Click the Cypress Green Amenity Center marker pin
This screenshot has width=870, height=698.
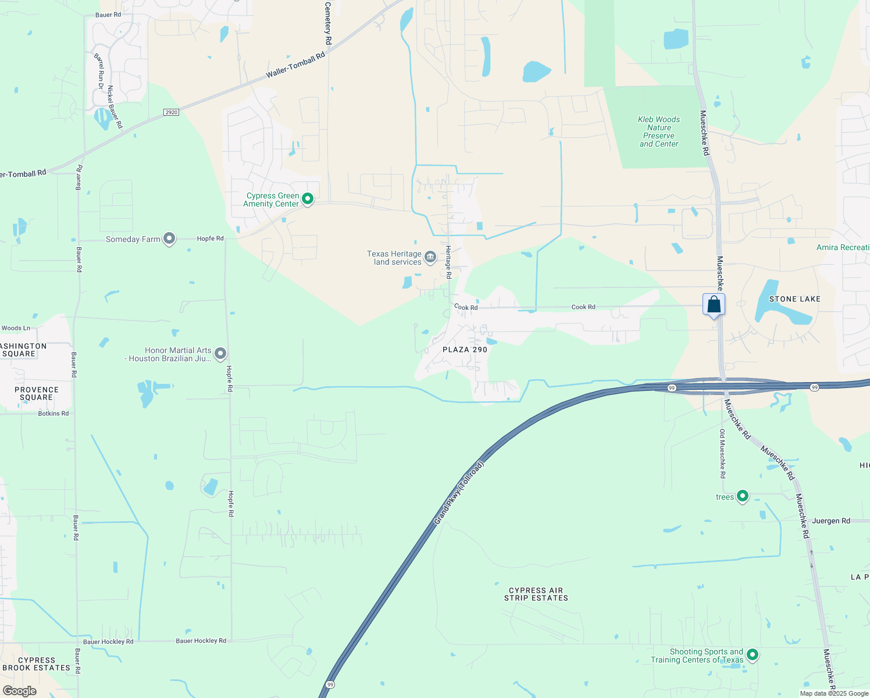coord(308,199)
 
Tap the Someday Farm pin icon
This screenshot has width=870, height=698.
coord(169,238)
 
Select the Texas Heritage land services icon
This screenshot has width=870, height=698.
coord(430,257)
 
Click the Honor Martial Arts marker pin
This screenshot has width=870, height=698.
coord(220,353)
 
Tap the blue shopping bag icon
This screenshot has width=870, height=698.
coord(714,305)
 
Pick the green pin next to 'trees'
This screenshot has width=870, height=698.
coord(742,496)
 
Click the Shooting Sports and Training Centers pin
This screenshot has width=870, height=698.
coord(753,655)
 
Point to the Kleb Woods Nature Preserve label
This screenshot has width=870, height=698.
coord(659,131)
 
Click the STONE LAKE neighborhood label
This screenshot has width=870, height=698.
coord(794,299)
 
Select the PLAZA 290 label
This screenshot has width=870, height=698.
coord(465,350)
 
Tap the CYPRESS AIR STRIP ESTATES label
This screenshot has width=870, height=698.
coord(536,594)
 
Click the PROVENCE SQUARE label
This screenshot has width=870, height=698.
coord(37,394)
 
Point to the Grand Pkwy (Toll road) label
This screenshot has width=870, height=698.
coord(459,493)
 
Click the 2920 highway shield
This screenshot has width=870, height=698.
coord(171,112)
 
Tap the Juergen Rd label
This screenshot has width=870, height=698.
coord(830,521)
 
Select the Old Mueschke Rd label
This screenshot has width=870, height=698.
coord(722,454)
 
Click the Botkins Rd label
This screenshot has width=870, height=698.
coord(53,414)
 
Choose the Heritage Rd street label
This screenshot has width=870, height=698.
coord(448,262)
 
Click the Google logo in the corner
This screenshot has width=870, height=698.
coord(19,691)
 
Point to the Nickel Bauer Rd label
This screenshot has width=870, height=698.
coord(115,107)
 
